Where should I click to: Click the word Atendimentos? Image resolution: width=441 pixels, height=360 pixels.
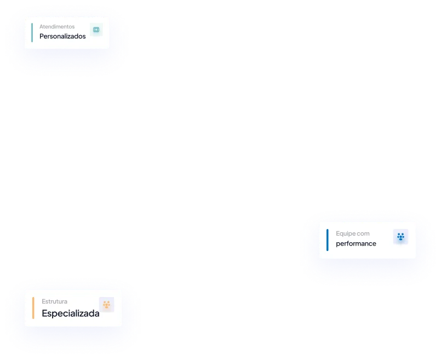(57, 26)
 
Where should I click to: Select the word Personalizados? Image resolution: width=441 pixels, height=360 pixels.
(62, 37)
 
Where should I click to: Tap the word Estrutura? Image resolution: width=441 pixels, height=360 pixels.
(54, 301)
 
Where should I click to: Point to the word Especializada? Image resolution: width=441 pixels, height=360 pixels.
(71, 314)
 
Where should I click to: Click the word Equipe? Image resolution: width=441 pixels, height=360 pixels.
(345, 233)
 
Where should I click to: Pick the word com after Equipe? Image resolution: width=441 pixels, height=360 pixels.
(363, 233)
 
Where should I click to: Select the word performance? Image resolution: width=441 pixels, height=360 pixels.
(356, 244)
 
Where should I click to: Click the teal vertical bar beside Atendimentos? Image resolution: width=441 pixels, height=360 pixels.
(32, 32)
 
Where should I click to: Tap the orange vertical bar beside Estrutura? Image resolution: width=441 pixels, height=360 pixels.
(33, 308)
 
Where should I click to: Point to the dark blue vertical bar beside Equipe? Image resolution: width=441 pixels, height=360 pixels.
(328, 239)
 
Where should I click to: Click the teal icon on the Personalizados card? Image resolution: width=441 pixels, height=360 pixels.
(96, 30)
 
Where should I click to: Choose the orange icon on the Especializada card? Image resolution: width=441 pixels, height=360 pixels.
(106, 305)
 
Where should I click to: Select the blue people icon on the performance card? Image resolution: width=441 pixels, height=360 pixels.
(400, 237)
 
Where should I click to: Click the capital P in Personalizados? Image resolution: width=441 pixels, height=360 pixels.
(42, 37)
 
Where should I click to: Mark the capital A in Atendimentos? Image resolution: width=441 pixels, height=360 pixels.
(41, 26)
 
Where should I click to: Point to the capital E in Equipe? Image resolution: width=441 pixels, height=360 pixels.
(338, 233)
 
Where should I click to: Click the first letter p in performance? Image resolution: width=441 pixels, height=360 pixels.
(338, 244)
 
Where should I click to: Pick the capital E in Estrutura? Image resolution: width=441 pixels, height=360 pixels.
(44, 301)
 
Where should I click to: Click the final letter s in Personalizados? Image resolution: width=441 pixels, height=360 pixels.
(84, 37)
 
